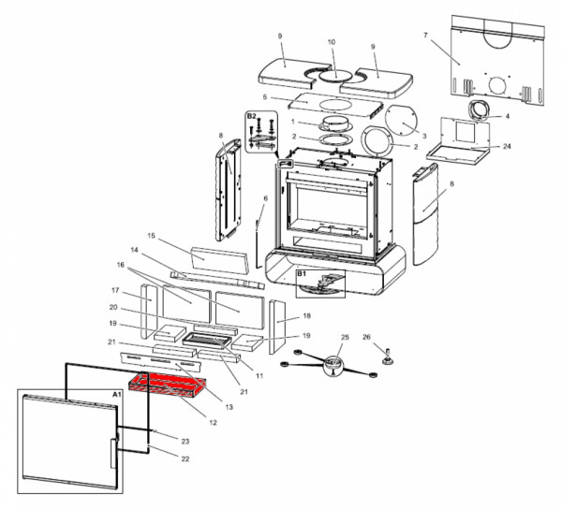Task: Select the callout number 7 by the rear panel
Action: [x=425, y=36]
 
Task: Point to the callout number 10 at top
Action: [x=331, y=43]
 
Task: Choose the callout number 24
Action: [x=506, y=147]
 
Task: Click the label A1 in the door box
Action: [x=117, y=396]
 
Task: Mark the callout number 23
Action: [x=185, y=441]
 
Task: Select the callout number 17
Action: [x=116, y=291]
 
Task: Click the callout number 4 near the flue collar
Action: [x=507, y=117]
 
